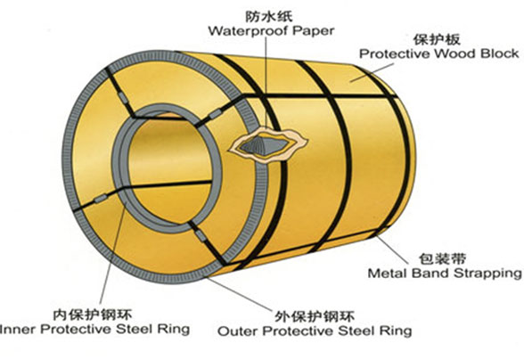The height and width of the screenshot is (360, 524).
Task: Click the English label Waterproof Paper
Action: point(271,31)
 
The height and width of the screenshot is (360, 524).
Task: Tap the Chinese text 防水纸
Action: point(269,15)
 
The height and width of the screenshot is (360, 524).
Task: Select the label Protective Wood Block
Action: point(438,53)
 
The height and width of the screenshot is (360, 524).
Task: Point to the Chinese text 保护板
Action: point(437,39)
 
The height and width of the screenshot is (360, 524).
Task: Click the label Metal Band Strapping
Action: point(445,274)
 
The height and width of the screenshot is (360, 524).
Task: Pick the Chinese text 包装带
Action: point(442,258)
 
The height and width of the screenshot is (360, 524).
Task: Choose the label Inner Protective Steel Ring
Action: point(94,329)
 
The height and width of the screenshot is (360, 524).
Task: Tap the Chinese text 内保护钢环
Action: point(93,315)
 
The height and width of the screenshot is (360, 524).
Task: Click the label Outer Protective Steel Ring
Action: point(315,331)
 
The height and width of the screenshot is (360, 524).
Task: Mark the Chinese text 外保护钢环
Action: point(315,316)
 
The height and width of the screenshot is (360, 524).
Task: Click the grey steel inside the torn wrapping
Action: point(264,145)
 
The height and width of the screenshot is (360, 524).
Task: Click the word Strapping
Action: point(488,274)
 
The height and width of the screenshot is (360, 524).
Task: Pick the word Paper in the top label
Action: point(314,31)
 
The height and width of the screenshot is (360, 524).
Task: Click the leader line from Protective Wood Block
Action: point(372,72)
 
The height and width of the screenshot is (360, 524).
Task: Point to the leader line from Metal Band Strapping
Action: point(392,250)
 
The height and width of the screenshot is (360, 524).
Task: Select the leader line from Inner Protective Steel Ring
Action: point(112,253)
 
